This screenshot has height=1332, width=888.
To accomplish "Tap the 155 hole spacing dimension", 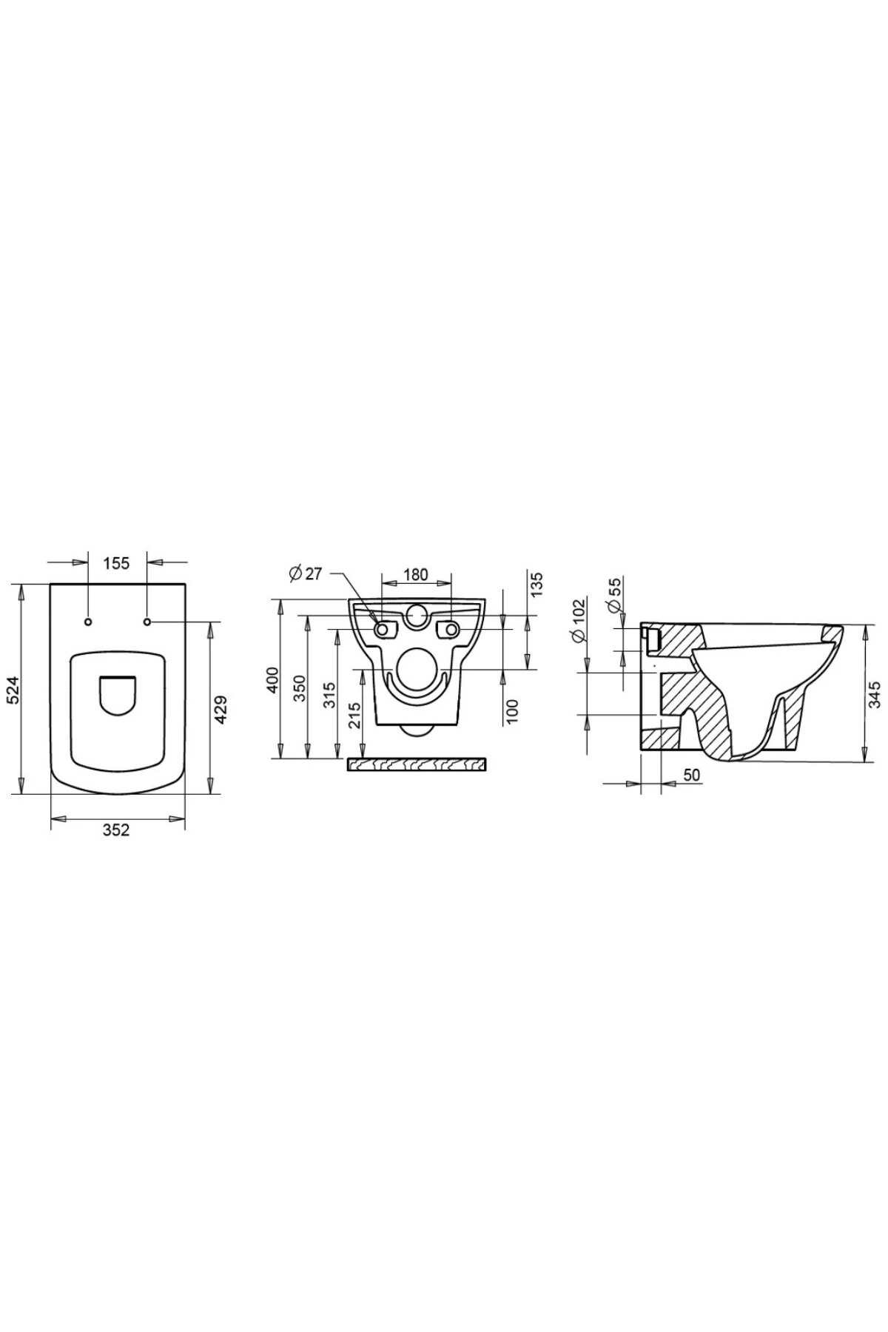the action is [116, 563].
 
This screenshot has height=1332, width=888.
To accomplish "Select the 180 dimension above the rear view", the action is [417, 574].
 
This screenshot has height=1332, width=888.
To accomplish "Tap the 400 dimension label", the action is [272, 680].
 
